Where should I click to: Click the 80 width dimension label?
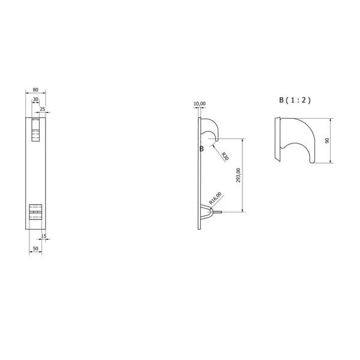35,89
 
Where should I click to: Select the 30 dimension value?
35,99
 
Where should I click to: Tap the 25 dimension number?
43,109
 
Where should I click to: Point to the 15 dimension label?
44,236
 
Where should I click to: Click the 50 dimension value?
35,248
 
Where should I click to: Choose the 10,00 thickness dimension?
200,104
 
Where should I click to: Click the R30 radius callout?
225,156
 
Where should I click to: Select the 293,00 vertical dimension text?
238,175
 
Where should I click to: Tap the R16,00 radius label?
215,198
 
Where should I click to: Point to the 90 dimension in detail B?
327,140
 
